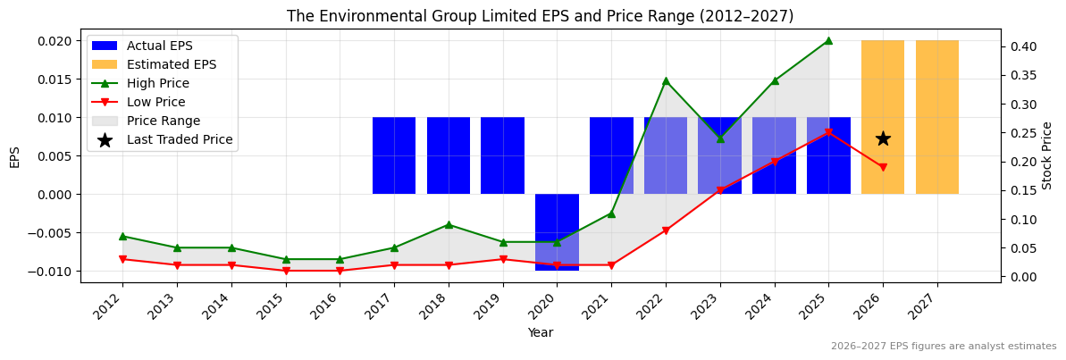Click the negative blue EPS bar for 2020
(x=557, y=232)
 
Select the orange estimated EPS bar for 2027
(x=937, y=117)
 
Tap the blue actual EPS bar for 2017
(x=394, y=155)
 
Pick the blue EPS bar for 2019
(x=502, y=155)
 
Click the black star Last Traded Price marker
(x=883, y=138)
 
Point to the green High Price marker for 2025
(x=828, y=40)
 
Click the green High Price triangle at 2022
(x=666, y=80)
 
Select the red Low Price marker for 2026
(x=883, y=167)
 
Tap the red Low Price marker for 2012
(x=122, y=259)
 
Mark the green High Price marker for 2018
(x=449, y=224)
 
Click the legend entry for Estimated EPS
(x=171, y=64)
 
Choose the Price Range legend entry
(x=164, y=121)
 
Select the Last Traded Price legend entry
(x=180, y=139)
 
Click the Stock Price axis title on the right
(x=1048, y=155)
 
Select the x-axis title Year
(x=540, y=332)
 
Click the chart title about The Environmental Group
(x=540, y=16)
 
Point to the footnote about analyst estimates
(x=943, y=346)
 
